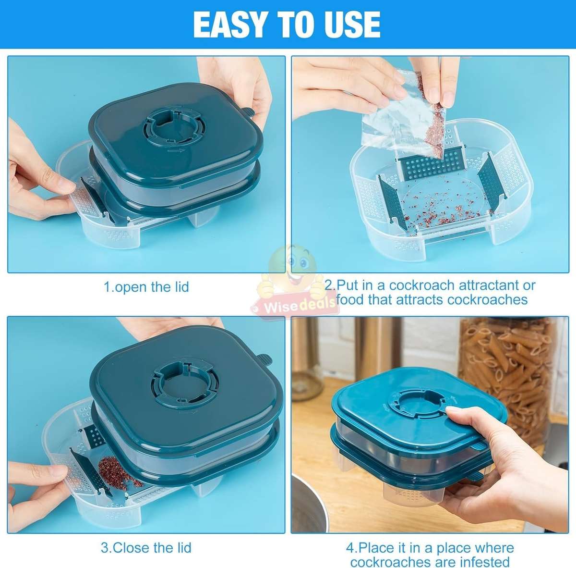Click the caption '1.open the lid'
click(146, 287)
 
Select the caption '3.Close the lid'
click(146, 547)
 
